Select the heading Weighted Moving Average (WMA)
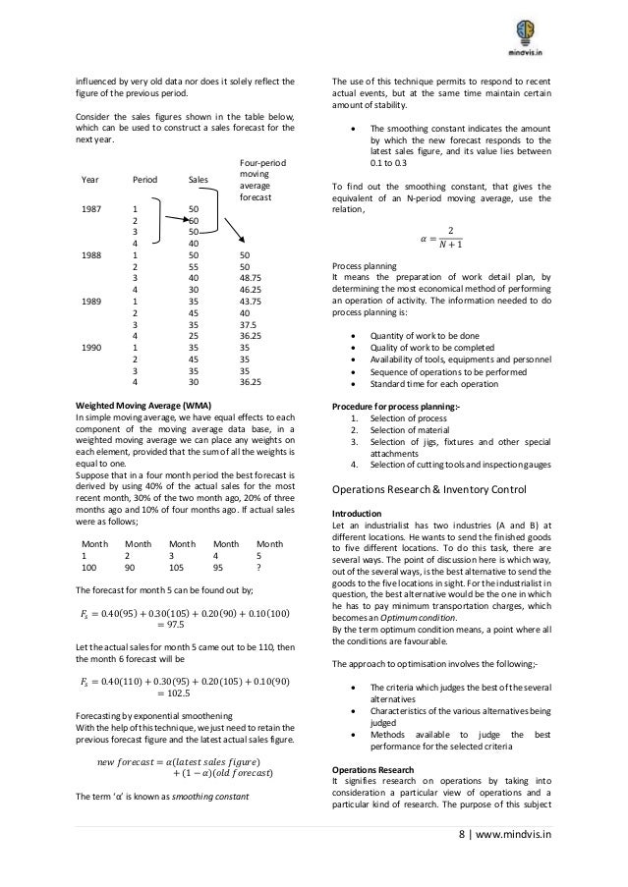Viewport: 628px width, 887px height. point(141,405)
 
